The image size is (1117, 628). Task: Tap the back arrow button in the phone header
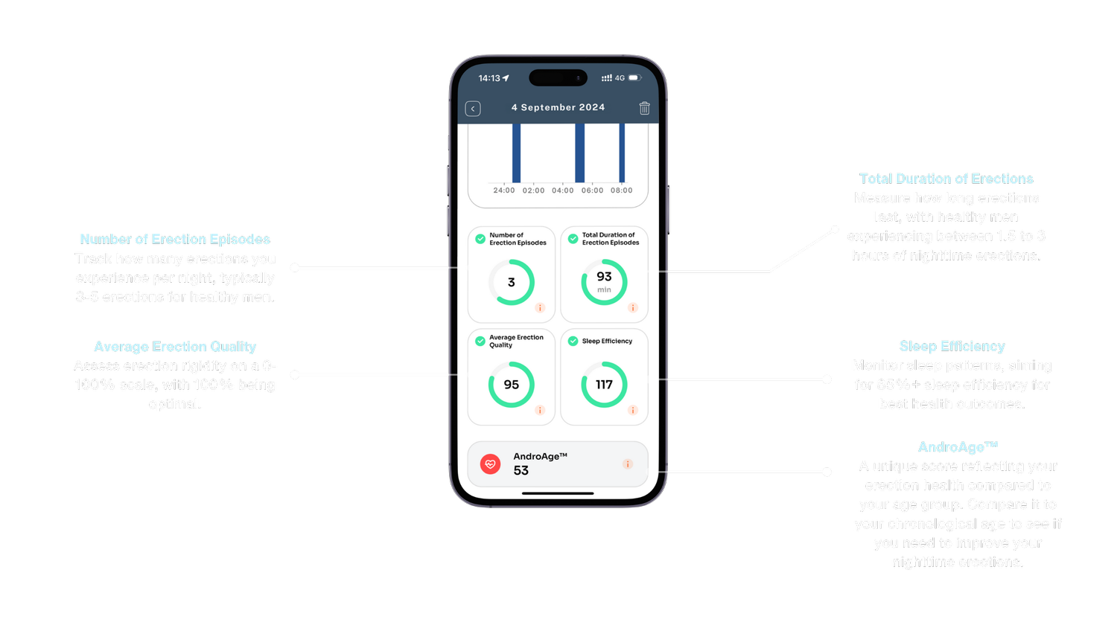coord(473,109)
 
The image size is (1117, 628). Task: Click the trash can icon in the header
coord(644,108)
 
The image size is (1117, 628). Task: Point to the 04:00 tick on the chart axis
coord(563,190)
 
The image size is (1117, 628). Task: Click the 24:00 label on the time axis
coord(504,190)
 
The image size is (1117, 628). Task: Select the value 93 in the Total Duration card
coord(604,277)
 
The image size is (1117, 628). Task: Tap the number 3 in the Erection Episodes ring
coord(512,283)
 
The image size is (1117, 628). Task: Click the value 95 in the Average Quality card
coord(512,385)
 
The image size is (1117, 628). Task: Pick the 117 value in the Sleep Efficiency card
coord(604,385)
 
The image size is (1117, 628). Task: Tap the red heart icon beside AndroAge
coord(490,464)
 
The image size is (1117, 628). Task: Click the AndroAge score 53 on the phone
coord(521,471)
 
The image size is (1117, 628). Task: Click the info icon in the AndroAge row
coord(628,464)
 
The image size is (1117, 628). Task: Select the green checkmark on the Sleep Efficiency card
coord(573,341)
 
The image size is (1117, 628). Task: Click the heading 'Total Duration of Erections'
coord(946,179)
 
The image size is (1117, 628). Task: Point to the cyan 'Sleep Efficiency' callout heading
coord(952,346)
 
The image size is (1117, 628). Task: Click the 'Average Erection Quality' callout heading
coord(175,347)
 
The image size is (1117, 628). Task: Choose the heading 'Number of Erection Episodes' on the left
coord(175,239)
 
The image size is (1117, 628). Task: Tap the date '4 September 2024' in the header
coord(558,107)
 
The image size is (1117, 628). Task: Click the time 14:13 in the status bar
coord(489,78)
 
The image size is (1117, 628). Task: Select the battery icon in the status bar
coord(634,78)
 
